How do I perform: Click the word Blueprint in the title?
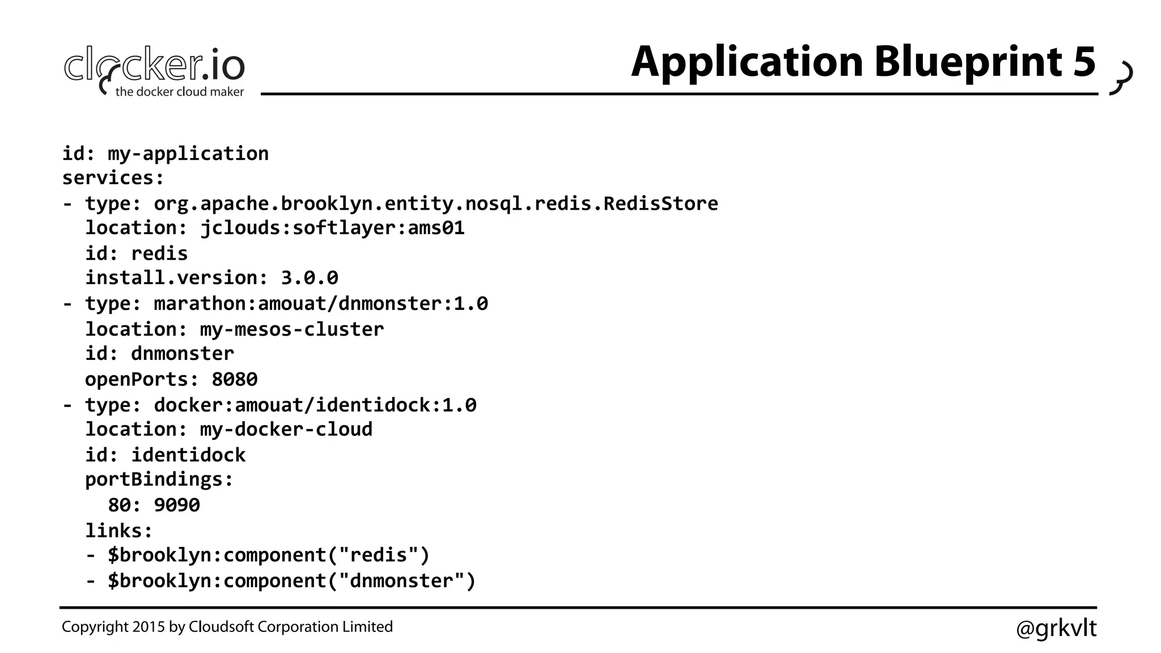click(x=968, y=62)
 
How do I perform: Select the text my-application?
click(x=188, y=154)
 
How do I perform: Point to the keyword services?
click(x=113, y=178)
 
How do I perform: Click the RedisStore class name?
click(x=660, y=203)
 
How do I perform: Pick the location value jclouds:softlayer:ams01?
click(x=332, y=228)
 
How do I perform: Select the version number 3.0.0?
click(x=310, y=278)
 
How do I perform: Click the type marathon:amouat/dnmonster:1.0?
click(x=321, y=304)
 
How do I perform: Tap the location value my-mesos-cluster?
click(x=292, y=329)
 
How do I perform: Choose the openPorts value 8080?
click(x=235, y=379)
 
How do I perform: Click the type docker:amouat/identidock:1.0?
click(x=315, y=405)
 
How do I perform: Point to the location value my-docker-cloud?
click(x=286, y=430)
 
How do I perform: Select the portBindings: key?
click(x=159, y=480)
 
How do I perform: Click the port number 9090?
click(x=177, y=505)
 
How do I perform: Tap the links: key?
click(x=119, y=531)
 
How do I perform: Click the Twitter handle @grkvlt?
click(x=1056, y=628)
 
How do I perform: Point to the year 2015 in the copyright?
click(x=149, y=627)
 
